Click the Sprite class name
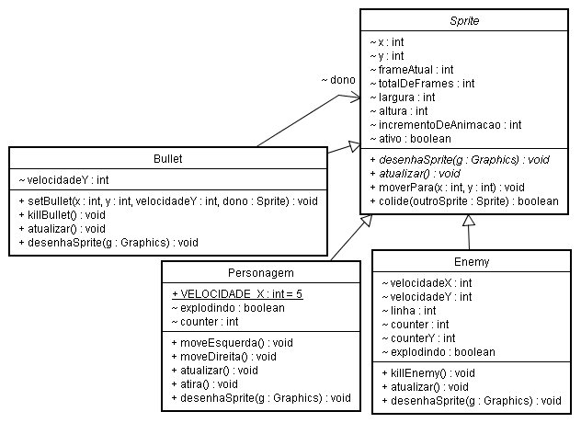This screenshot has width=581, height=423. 468,19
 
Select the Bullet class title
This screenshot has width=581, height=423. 167,158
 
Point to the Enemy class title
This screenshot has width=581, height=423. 472,262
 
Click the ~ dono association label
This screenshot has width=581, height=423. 337,80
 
